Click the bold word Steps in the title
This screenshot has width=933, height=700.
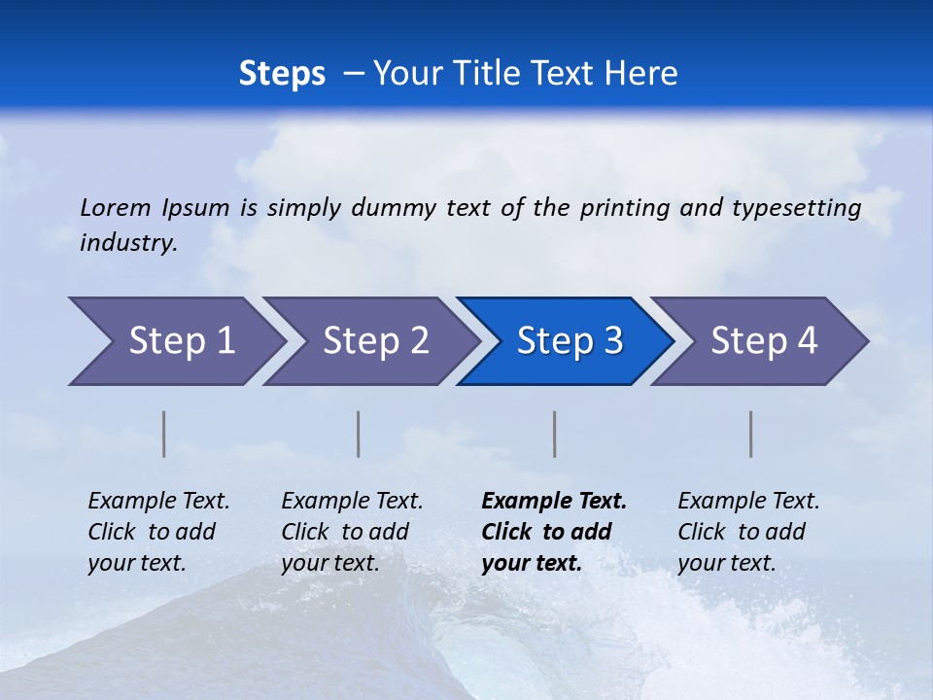coord(282,74)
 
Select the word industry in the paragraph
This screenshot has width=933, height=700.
coord(127,243)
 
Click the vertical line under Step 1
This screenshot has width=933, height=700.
coord(164,434)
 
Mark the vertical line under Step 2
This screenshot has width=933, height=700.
coord(359,434)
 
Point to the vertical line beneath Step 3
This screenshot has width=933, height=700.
coord(555,434)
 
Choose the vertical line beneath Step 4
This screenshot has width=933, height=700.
coord(751,434)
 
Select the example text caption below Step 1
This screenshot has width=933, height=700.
coord(158,532)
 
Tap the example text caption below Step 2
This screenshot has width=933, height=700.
coord(352,532)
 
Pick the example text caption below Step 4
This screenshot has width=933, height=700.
coord(748,532)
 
